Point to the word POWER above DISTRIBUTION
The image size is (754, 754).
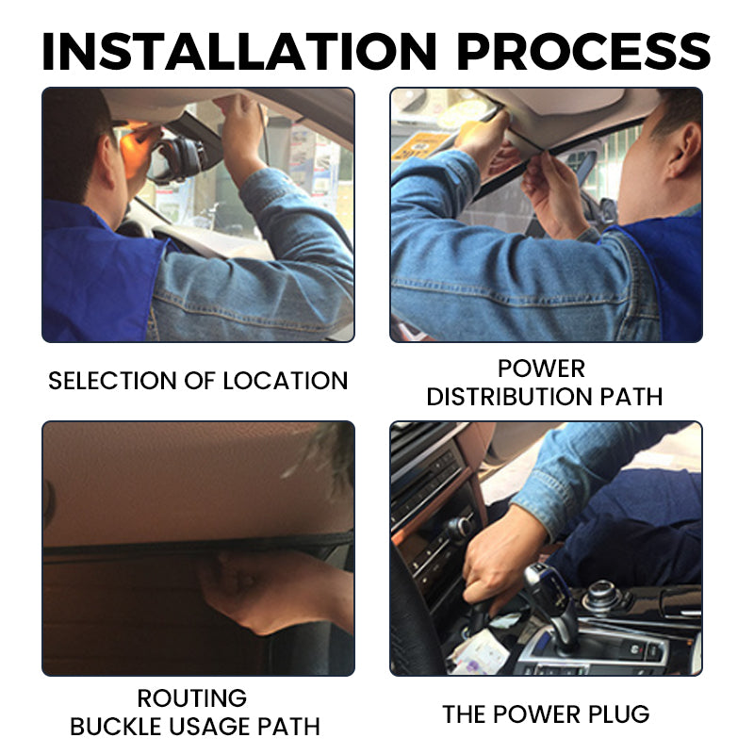click(541, 368)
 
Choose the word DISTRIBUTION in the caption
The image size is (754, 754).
click(513, 397)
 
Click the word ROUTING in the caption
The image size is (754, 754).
click(192, 698)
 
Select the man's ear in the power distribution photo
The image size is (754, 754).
click(680, 151)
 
